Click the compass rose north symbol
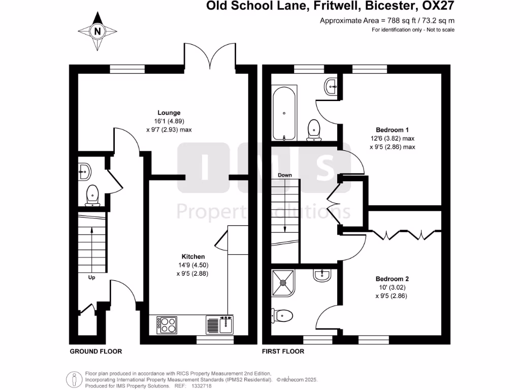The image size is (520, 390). [97, 31]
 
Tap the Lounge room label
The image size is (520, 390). [169, 113]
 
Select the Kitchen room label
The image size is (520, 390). [193, 256]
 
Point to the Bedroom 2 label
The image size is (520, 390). [392, 279]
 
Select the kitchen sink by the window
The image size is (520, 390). [219, 324]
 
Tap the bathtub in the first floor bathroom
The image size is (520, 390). [284, 113]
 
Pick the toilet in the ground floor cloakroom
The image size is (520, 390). [92, 196]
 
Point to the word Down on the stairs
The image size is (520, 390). [285, 175]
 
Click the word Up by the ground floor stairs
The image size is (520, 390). [91, 277]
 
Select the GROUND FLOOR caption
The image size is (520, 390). [95, 351]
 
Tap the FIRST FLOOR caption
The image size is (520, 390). [283, 351]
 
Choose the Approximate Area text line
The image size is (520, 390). [386, 21]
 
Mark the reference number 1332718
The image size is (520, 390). [201, 386]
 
